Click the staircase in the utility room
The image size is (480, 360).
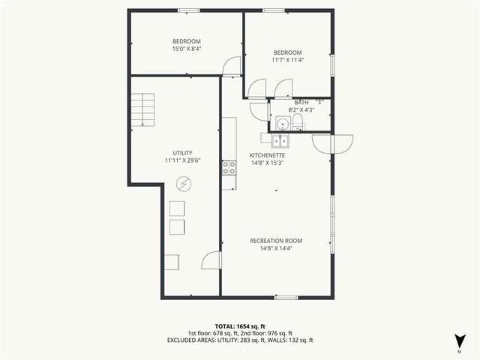pos(142,109)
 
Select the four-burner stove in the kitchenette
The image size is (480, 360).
pos(229,168)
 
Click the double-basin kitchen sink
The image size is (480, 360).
pos(279,140)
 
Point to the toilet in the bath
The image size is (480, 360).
pos(297,123)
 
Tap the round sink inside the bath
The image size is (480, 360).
pos(282,124)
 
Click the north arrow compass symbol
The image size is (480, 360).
pos(459,340)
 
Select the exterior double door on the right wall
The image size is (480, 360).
pos(331,142)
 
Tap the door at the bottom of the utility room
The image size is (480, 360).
pos(212,260)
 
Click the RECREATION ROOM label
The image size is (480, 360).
pos(276,241)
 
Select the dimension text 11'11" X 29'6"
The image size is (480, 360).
pos(183,160)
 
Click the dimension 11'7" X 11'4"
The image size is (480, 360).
pos(287,60)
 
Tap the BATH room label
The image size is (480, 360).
pos(301,103)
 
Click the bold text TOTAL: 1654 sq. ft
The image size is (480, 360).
pos(240,325)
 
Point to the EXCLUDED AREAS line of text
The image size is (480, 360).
pos(240,340)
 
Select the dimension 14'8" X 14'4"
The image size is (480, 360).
pos(276,248)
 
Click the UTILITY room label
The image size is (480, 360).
pos(183,153)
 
